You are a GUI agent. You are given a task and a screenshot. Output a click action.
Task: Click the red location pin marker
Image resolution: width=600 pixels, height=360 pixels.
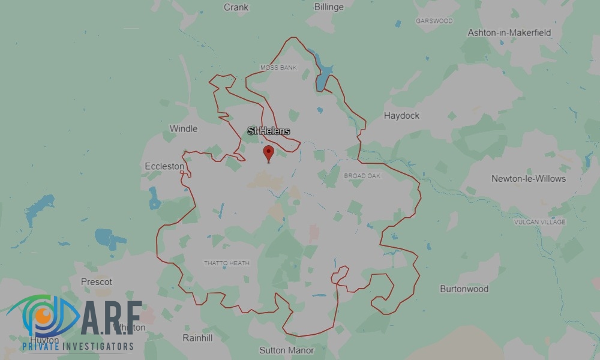[x=269, y=152]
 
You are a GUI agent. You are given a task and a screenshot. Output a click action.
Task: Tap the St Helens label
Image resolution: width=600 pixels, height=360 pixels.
[x=269, y=131]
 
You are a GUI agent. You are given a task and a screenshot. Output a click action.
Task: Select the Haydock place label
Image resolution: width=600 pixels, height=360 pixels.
[x=401, y=115]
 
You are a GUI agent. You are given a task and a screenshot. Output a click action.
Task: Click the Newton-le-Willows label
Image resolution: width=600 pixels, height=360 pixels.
[x=528, y=178]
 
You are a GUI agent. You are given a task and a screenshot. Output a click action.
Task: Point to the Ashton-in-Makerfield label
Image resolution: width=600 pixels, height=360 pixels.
[x=509, y=32]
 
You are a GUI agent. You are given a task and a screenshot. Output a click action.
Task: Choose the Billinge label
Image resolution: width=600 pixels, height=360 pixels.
[x=329, y=7]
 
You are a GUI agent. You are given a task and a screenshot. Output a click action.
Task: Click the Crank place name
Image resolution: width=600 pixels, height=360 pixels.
[x=236, y=7]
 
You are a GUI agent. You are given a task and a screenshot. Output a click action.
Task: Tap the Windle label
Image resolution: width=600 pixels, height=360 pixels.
[x=183, y=128]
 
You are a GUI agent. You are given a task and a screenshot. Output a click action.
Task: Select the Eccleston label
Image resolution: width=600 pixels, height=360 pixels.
[x=164, y=166]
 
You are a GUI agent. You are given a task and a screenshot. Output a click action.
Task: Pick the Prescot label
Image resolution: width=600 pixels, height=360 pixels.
[x=97, y=281]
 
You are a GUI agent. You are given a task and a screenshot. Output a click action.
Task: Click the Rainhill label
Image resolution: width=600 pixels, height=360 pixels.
[x=197, y=338]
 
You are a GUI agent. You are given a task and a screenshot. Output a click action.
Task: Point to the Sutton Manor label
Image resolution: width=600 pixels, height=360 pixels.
[x=286, y=350]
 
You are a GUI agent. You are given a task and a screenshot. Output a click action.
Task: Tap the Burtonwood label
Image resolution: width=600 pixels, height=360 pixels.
[x=464, y=289]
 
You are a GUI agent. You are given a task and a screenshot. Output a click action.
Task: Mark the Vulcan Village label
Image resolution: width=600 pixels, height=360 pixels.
[x=539, y=222]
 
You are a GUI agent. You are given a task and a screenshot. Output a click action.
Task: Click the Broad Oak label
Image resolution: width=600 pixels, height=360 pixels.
[x=362, y=176]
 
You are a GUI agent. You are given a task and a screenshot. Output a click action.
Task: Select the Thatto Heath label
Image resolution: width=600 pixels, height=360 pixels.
[x=226, y=263]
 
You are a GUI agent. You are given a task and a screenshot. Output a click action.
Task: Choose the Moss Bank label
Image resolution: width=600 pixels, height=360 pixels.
[x=278, y=68]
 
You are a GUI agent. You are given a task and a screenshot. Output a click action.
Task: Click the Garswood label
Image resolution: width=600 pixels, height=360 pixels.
[x=434, y=21]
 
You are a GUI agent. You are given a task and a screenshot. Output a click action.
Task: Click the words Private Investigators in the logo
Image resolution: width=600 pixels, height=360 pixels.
[x=78, y=346]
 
